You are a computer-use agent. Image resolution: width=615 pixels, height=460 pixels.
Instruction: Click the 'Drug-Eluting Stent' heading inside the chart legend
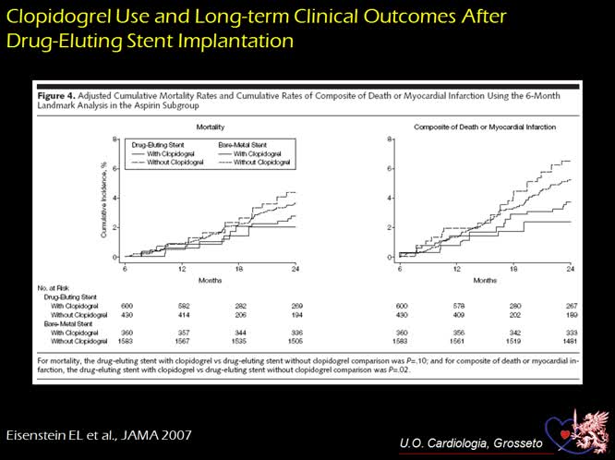153,144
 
